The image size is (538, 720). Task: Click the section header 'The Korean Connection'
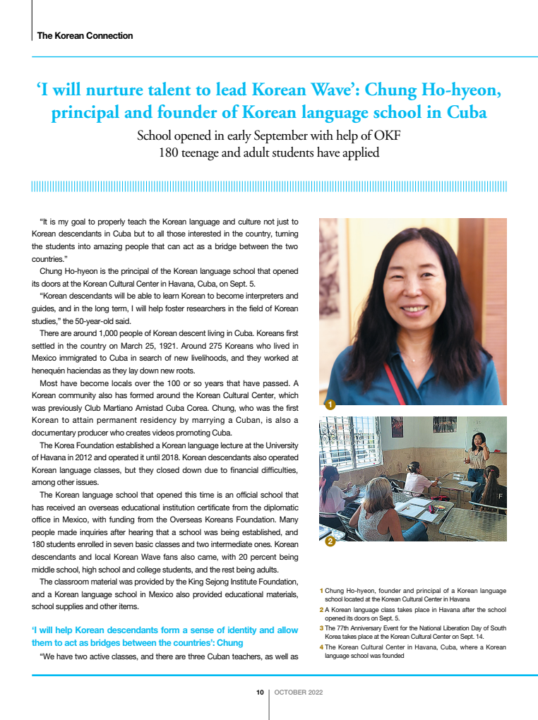click(85, 35)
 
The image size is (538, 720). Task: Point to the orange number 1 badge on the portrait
click(330, 404)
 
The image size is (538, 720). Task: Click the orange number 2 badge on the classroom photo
click(330, 541)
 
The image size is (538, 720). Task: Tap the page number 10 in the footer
click(260, 692)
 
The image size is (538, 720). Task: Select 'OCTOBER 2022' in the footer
click(299, 692)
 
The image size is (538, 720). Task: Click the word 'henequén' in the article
click(51, 371)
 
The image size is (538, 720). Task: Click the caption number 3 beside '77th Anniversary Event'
click(321, 628)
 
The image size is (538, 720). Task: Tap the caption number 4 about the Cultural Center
click(321, 647)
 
